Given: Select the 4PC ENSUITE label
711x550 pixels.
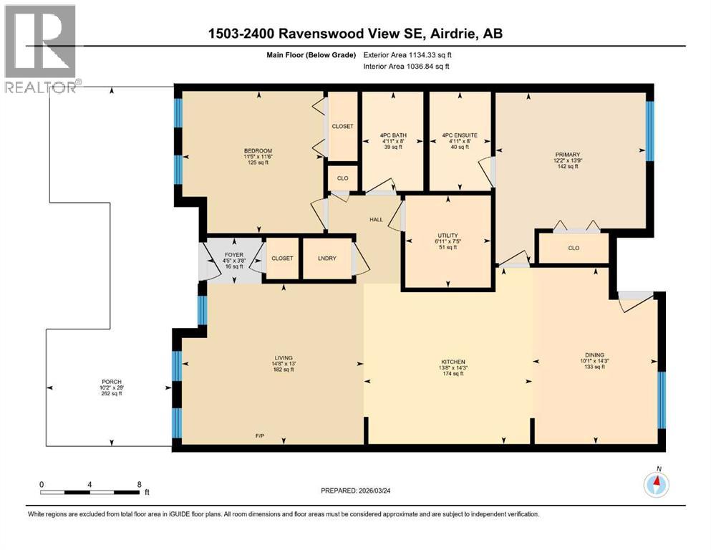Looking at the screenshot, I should pyautogui.click(x=459, y=135).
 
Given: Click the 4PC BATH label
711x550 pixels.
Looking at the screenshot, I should pyautogui.click(x=392, y=135).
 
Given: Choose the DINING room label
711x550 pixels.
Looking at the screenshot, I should pyautogui.click(x=594, y=354).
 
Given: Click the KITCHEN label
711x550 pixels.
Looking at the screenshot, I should pyautogui.click(x=453, y=362).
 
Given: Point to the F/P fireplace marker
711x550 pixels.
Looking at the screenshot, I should pyautogui.click(x=261, y=436).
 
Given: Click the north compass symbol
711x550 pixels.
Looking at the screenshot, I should pyautogui.click(x=656, y=485).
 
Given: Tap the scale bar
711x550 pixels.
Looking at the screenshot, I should pyautogui.click(x=90, y=491).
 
